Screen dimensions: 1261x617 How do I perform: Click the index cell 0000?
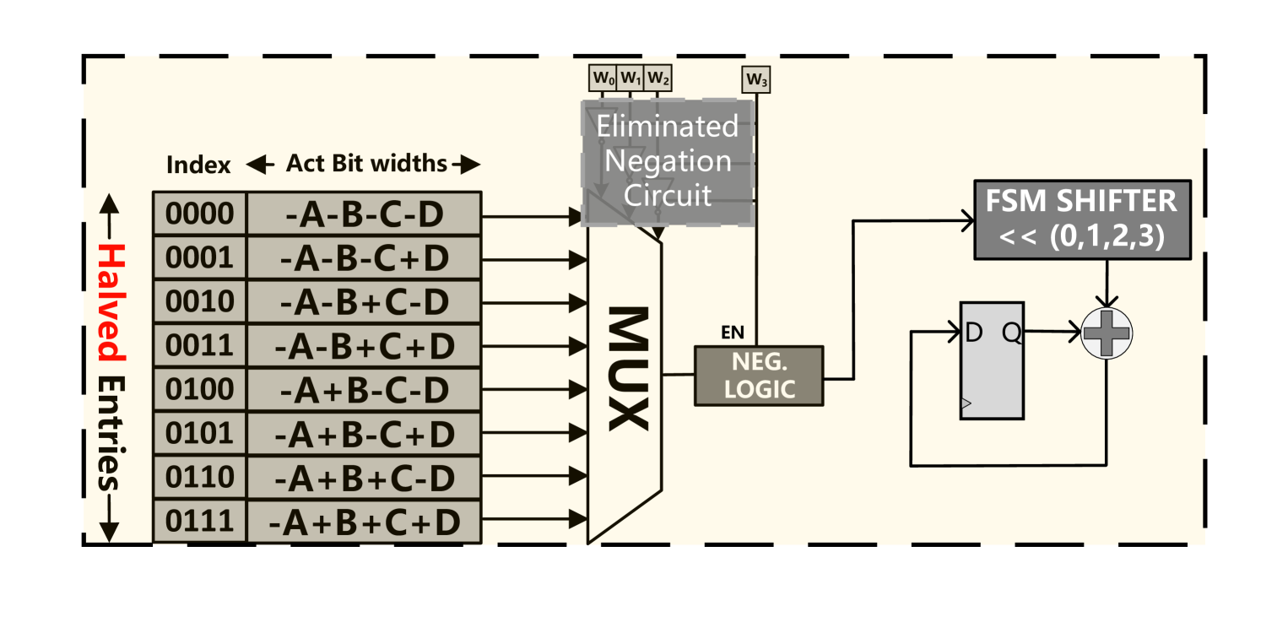click(200, 214)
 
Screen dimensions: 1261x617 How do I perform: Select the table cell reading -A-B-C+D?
click(365, 257)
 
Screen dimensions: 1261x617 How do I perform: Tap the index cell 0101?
click(200, 433)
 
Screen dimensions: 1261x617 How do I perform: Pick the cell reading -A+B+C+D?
click(365, 522)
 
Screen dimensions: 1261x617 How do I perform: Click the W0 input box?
click(603, 78)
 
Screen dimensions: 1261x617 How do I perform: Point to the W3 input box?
click(756, 80)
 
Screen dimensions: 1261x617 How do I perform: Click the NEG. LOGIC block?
click(759, 376)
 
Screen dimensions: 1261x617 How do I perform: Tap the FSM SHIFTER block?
click(1083, 219)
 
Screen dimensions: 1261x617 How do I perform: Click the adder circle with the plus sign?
click(1107, 333)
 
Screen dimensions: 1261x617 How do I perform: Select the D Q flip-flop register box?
click(992, 360)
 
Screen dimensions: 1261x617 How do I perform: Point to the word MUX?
click(629, 369)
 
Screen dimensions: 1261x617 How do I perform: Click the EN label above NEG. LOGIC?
click(733, 333)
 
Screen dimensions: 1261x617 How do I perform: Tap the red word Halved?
click(111, 301)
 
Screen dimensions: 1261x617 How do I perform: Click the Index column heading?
click(198, 165)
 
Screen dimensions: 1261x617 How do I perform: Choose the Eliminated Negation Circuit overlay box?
click(668, 163)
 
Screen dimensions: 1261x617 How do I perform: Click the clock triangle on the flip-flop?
click(966, 403)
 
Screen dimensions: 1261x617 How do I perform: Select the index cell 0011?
click(200, 345)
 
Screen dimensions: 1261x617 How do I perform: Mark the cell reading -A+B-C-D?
click(365, 389)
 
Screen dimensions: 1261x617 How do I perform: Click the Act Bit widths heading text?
click(366, 163)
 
